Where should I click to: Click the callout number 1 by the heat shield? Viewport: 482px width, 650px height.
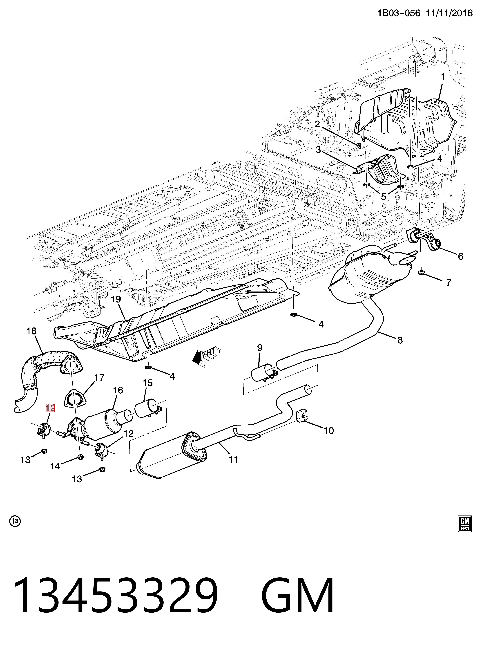[x=443, y=77]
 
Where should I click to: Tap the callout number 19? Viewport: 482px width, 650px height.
[x=116, y=299]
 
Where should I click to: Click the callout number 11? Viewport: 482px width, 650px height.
[x=233, y=459]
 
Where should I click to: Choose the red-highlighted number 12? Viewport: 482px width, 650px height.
[x=50, y=408]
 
